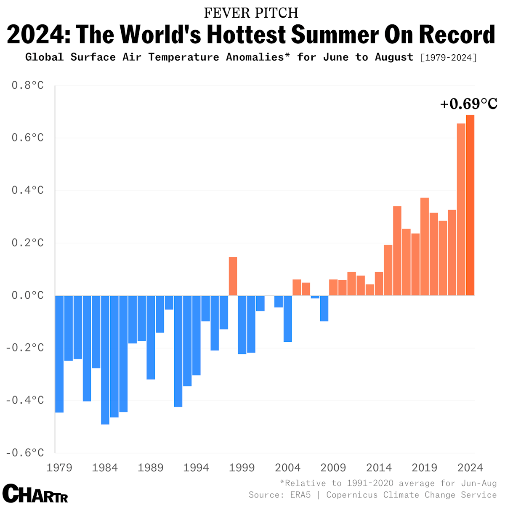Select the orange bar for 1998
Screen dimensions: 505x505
233,276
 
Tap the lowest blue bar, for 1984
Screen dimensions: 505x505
105,360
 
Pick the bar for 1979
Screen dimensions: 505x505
59,353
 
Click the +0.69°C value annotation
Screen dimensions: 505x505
468,104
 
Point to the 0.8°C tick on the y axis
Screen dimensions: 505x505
28,85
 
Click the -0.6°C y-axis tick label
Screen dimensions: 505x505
25,452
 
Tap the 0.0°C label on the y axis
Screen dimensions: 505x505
28,295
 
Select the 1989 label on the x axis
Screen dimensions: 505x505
151,468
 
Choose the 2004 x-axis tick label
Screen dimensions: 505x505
287,468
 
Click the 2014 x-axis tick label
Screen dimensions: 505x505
379,468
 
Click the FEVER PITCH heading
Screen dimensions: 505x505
251,13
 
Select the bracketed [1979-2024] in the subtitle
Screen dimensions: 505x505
449,57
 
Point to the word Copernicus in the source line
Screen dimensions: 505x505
352,495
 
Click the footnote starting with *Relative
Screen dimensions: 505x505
388,483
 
